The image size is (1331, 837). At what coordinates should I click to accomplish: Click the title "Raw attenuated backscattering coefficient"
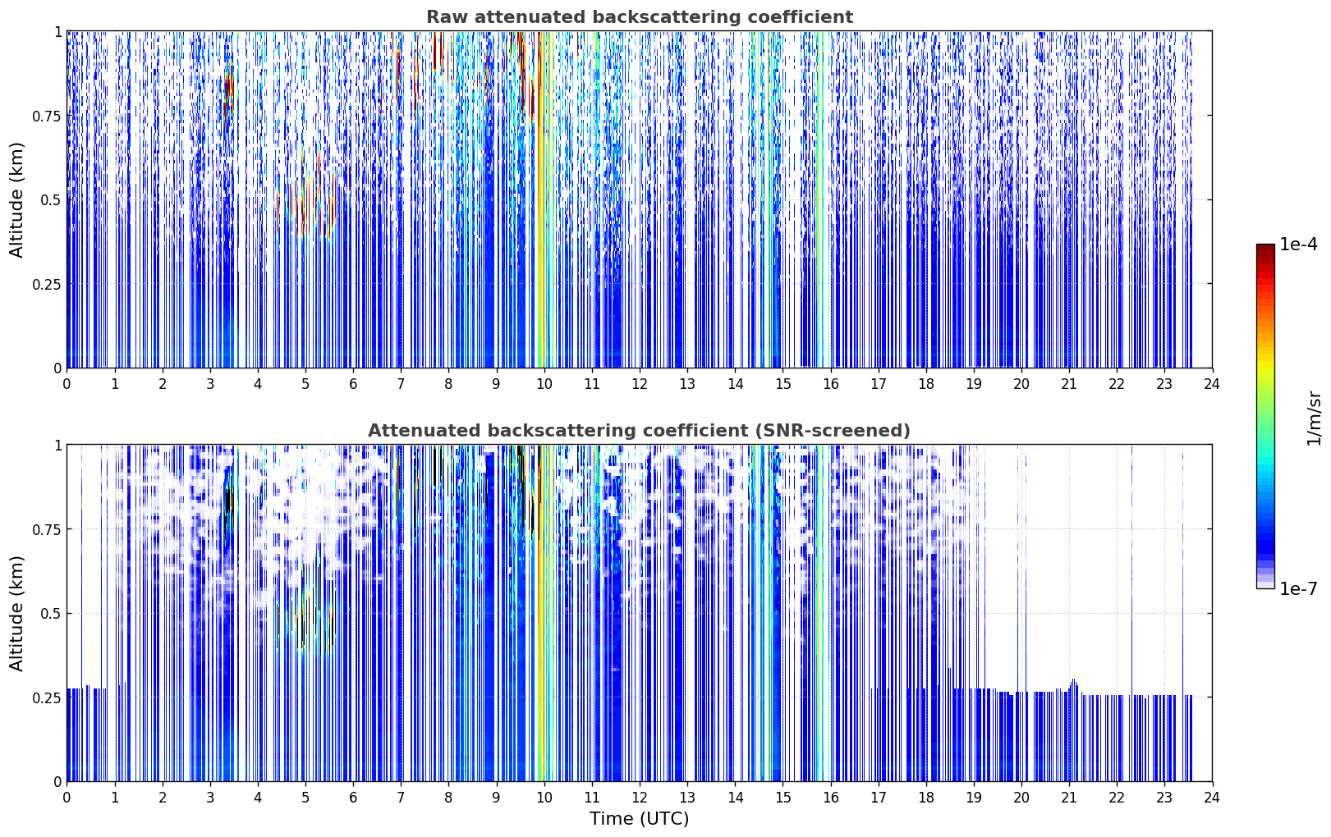(640, 16)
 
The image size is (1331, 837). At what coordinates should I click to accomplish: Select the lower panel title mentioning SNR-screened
(640, 430)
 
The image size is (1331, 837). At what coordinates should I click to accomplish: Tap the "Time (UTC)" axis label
(640, 819)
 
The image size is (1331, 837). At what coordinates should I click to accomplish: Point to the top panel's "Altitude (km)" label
(16, 200)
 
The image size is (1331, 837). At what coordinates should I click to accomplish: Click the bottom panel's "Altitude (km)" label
(16, 614)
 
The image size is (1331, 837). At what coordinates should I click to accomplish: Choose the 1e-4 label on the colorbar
(1298, 244)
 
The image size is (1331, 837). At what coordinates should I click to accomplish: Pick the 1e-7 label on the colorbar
(1298, 589)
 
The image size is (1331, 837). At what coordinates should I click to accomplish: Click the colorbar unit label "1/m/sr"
(1314, 418)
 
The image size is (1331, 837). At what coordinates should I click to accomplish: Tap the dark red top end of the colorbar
(1265, 248)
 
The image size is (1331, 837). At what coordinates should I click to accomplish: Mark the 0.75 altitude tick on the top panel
(46, 116)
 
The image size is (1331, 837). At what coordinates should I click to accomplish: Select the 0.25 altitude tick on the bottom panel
(46, 697)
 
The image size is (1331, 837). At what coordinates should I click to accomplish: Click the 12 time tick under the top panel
(640, 384)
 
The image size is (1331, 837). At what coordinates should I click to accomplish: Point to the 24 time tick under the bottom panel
(1212, 798)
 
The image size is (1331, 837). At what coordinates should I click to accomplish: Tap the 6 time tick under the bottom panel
(353, 798)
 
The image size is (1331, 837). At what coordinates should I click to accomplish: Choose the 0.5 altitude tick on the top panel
(50, 200)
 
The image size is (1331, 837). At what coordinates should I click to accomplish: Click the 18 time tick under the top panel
(925, 384)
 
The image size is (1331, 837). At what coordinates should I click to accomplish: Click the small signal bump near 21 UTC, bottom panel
(1073, 686)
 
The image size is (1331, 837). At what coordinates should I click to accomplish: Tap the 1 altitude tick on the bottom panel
(57, 446)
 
